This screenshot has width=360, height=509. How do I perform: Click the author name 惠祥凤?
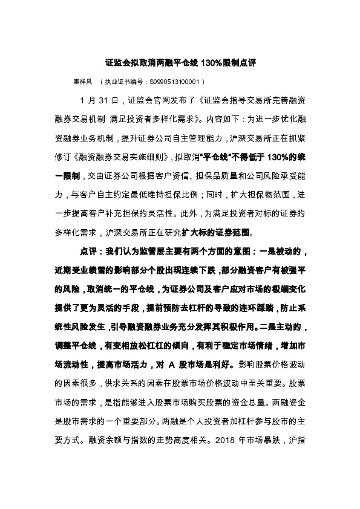82,80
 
